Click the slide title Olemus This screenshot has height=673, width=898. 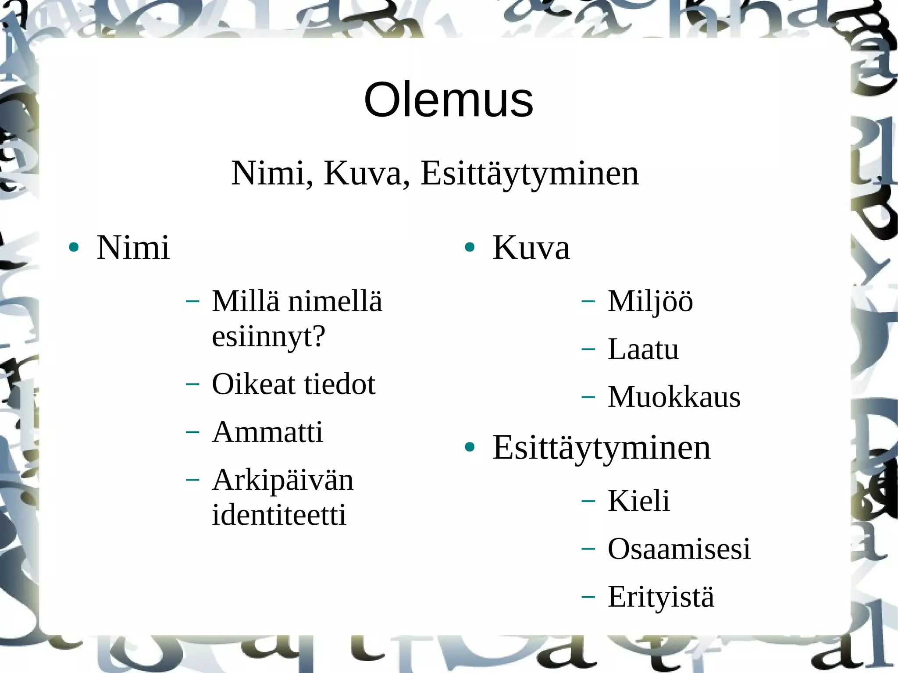point(448,100)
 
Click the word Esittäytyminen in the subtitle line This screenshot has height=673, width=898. point(529,174)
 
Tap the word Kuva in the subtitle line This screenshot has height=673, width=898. point(363,174)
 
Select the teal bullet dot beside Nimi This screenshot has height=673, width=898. point(74,247)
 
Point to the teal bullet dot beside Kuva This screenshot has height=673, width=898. point(470,247)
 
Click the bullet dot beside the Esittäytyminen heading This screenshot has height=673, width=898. point(470,447)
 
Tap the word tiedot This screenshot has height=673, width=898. point(340,384)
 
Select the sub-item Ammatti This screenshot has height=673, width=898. point(267,432)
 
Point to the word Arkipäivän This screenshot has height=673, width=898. point(282,480)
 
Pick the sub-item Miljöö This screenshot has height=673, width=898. point(650,302)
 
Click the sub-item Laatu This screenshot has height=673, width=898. point(643,349)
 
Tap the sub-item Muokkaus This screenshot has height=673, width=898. point(674,397)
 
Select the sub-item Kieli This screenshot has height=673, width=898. point(638,501)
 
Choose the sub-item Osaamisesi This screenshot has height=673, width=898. point(679,548)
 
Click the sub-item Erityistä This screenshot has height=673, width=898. point(661,597)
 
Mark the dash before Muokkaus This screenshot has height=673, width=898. point(588,397)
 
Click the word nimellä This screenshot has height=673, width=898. point(335,302)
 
